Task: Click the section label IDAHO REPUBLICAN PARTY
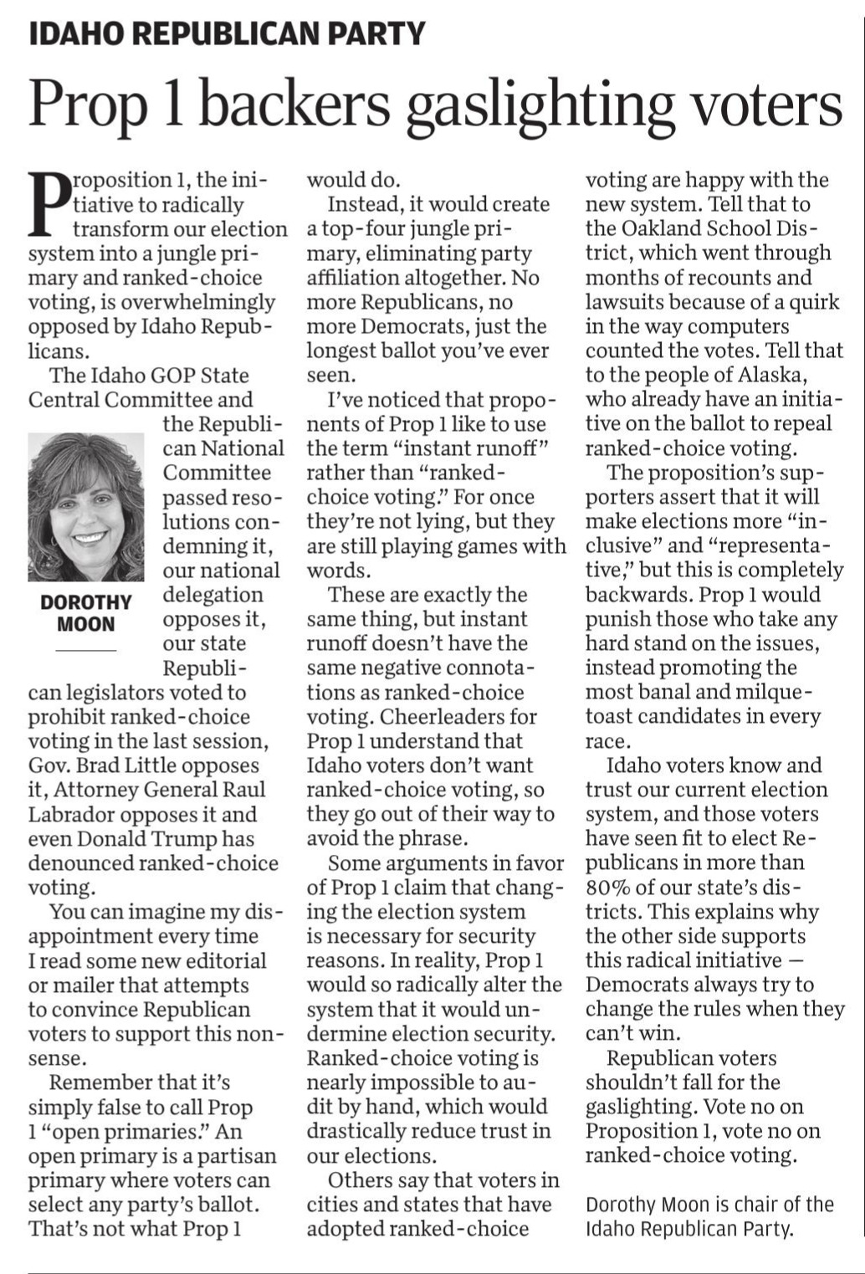coord(228,33)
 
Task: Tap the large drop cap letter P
coord(48,203)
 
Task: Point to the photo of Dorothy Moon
coord(86,507)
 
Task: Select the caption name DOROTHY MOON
coord(86,613)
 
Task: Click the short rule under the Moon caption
coord(86,650)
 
